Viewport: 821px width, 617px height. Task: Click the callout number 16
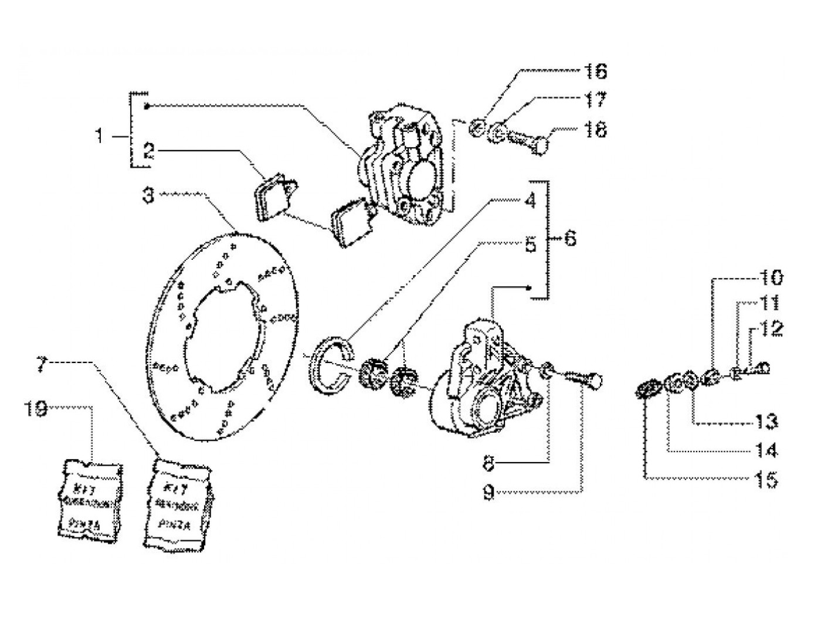coord(594,72)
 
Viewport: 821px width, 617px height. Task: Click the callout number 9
coord(488,494)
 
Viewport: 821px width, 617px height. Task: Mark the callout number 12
coord(772,328)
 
